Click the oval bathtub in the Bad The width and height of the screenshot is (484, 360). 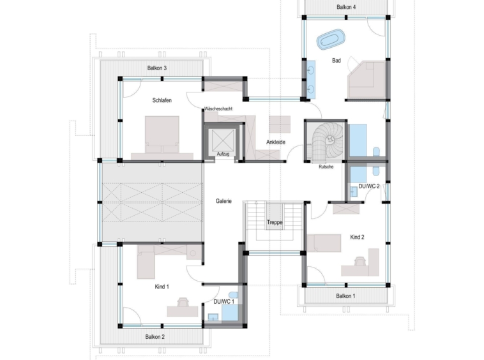331,39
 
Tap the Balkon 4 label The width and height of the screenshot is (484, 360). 346,7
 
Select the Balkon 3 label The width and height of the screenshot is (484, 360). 157,68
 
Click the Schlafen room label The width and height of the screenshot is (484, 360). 162,100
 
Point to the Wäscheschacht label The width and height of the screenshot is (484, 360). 218,109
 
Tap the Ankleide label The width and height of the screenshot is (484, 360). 276,142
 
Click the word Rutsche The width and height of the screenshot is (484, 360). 326,167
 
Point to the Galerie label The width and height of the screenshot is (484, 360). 223,201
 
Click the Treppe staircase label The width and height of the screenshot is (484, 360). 275,222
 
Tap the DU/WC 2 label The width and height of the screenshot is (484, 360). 369,186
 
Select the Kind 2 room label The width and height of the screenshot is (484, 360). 357,237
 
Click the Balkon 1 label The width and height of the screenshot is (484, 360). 345,296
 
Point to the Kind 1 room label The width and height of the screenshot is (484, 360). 162,287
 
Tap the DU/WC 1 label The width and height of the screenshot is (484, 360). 223,302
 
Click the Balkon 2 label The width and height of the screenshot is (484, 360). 155,337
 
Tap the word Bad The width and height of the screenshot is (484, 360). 337,61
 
